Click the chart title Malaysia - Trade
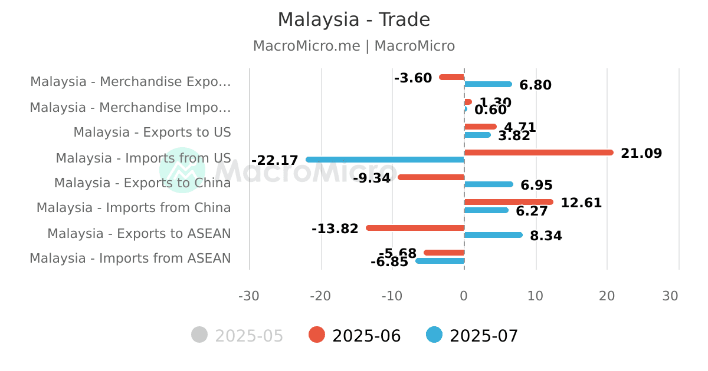(354, 19)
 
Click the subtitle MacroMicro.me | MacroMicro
(354, 46)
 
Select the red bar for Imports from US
(539, 153)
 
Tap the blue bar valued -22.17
(385, 160)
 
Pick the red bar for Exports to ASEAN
(415, 228)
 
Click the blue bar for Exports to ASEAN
(493, 235)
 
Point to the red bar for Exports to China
(431, 177)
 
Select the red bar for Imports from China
(509, 202)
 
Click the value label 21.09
(641, 154)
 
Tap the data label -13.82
(335, 228)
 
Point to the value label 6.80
(535, 85)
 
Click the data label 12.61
(581, 203)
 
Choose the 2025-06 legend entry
(355, 336)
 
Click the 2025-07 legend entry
(473, 336)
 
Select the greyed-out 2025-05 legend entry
(238, 336)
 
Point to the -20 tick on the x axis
(321, 296)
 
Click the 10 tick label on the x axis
(536, 296)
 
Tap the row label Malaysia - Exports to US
(152, 132)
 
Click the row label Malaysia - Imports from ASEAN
(130, 259)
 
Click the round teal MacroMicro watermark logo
(182, 170)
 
